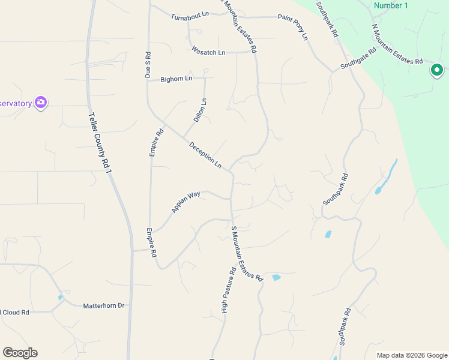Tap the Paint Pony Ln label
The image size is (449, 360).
click(x=292, y=27)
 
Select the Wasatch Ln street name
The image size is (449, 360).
click(x=208, y=52)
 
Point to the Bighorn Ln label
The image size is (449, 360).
click(x=176, y=79)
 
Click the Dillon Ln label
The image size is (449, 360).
click(x=200, y=110)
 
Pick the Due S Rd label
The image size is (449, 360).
click(x=148, y=65)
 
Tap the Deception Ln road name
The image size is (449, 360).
click(x=205, y=154)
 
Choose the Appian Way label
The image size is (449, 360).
click(x=185, y=202)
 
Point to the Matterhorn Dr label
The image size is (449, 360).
click(x=103, y=305)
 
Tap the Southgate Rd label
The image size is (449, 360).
click(x=358, y=59)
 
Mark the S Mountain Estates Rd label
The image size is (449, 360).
click(x=247, y=254)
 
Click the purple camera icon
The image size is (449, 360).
click(x=41, y=103)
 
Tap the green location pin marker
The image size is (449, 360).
click(x=436, y=71)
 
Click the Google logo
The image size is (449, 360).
click(x=20, y=353)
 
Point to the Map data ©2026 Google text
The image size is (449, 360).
click(x=411, y=355)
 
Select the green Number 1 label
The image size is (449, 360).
click(x=390, y=5)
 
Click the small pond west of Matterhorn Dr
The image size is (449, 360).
click(x=60, y=297)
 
